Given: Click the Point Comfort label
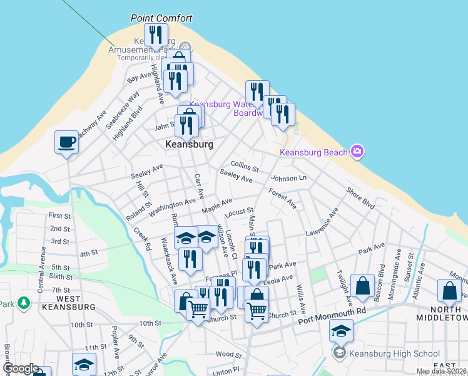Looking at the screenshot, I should pyautogui.click(x=161, y=18).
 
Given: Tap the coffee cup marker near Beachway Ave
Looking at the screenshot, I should pyautogui.click(x=66, y=142).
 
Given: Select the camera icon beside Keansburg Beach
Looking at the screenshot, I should pyautogui.click(x=357, y=150).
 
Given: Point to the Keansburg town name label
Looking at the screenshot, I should pyautogui.click(x=190, y=144).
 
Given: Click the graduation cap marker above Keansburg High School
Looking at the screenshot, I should pyautogui.click(x=341, y=331).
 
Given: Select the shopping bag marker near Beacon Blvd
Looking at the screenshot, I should pyautogui.click(x=362, y=286).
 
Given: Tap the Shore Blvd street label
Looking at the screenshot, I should pyautogui.click(x=360, y=197).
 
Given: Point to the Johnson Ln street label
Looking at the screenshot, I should pyautogui.click(x=288, y=179).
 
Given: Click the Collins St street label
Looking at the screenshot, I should pyautogui.click(x=245, y=166).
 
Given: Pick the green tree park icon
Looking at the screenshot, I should pyautogui.click(x=24, y=303).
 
